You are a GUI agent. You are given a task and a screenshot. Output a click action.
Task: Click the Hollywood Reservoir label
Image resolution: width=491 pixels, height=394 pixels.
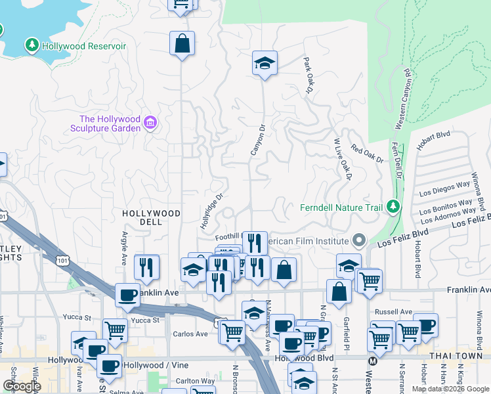tap(84, 47)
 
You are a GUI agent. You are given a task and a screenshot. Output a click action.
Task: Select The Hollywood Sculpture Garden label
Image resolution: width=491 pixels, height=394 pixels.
tap(110, 123)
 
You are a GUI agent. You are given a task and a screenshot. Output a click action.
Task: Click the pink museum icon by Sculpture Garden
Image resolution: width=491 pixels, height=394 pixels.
tap(150, 122)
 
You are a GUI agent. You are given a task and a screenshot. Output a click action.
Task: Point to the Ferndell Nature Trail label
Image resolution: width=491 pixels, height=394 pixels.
tap(341, 208)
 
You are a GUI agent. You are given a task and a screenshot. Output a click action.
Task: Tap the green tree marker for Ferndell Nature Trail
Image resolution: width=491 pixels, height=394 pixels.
tap(393, 208)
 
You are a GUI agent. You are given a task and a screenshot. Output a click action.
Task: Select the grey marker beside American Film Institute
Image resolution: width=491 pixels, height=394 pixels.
tap(358, 240)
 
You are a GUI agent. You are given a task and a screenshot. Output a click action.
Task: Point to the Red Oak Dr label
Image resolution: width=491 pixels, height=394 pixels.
tap(367, 155)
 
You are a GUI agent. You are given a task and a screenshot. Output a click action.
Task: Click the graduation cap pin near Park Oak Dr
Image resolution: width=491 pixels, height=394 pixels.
tap(265, 64)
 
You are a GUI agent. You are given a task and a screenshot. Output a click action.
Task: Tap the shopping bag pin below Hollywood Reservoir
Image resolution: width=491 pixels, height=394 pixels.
tap(182, 44)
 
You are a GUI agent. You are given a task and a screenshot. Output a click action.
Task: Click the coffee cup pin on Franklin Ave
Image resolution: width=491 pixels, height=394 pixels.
tap(127, 295)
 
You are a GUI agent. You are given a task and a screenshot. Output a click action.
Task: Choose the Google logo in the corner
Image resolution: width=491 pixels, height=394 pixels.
tap(22, 385)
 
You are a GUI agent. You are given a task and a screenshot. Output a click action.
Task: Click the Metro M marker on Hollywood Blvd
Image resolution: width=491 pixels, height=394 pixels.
tap(373, 360)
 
